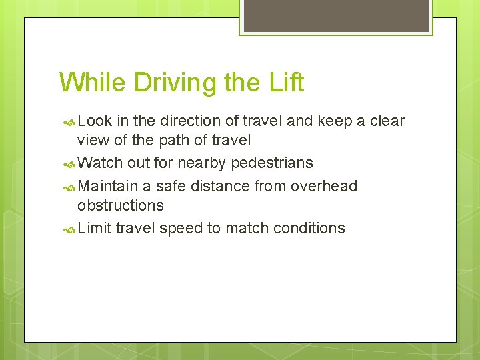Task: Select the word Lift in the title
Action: [287, 83]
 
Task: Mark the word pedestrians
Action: [271, 163]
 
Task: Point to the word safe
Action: [171, 186]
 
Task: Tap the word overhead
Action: [326, 186]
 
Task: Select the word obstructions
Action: [120, 205]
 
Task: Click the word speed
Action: [181, 229]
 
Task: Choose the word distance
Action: [219, 186]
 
